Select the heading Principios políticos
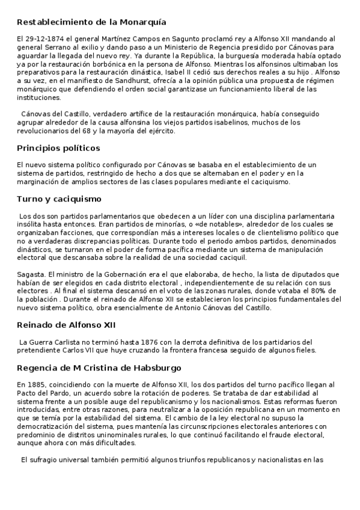tap(58, 148)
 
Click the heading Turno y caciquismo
tap(59, 198)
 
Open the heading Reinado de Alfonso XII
tap(66, 325)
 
